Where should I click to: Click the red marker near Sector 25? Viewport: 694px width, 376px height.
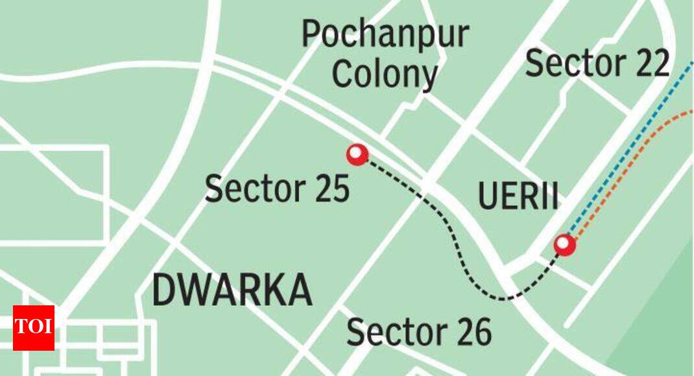[x=357, y=154]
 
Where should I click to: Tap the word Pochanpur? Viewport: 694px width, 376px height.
[x=385, y=34]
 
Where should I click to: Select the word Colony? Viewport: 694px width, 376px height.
[x=385, y=75]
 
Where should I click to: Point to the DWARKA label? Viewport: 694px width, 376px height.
[x=232, y=290]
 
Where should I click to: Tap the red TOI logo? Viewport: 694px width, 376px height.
[x=34, y=327]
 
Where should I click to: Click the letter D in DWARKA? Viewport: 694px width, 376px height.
[x=164, y=290]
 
